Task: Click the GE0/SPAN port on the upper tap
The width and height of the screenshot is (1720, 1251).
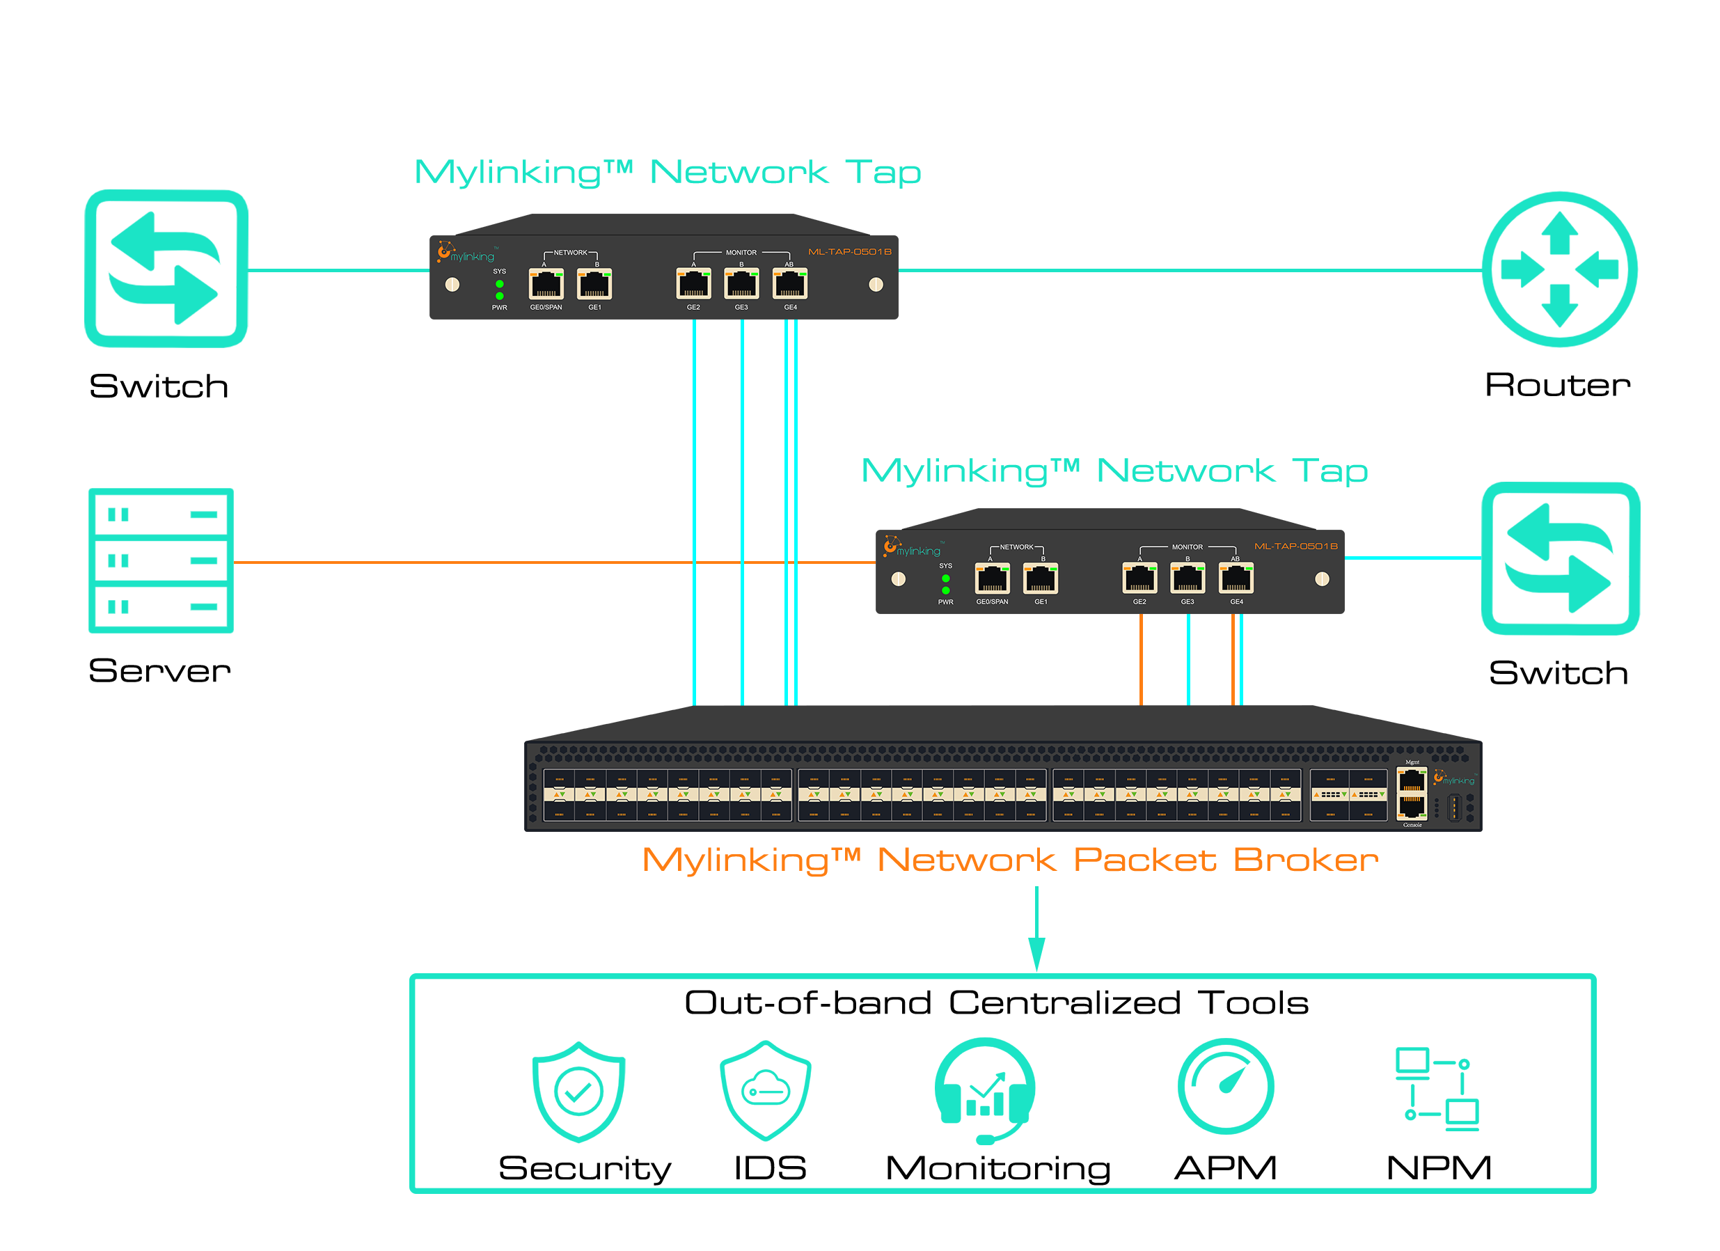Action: click(x=545, y=285)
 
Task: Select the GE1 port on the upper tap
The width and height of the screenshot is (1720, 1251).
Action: click(x=594, y=285)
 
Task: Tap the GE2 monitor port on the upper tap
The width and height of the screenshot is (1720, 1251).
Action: click(x=693, y=285)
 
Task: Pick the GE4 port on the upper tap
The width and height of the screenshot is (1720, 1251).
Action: click(x=789, y=285)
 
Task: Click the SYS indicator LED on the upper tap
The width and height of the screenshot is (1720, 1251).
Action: click(x=499, y=284)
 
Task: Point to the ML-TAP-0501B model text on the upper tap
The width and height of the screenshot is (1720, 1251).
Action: click(x=849, y=252)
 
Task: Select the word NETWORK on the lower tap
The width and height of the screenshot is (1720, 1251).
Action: click(x=1016, y=547)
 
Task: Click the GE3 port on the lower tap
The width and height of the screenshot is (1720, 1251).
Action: click(x=1188, y=579)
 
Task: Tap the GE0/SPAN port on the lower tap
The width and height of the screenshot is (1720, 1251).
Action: click(x=992, y=579)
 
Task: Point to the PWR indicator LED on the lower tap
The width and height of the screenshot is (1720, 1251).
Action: click(x=946, y=590)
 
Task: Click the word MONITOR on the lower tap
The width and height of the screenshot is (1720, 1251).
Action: click(x=1187, y=547)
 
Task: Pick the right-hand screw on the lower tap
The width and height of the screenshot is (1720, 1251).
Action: click(x=1322, y=580)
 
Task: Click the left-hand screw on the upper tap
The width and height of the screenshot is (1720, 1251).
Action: click(x=452, y=285)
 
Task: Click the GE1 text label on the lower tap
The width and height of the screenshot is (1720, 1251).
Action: click(x=1041, y=601)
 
